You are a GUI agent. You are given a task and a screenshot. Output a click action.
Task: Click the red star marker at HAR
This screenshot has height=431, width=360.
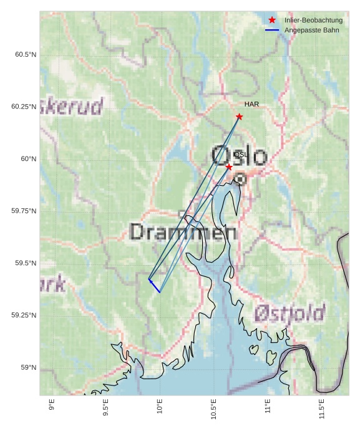click(x=239, y=117)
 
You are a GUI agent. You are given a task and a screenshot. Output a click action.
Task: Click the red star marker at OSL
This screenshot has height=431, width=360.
click(x=229, y=167)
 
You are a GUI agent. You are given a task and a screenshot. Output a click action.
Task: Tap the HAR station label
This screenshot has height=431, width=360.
click(x=251, y=104)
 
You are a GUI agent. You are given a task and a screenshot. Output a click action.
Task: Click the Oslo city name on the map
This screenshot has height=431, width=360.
click(x=239, y=156)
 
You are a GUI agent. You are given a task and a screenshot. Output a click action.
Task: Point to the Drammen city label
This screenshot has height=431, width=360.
click(x=183, y=233)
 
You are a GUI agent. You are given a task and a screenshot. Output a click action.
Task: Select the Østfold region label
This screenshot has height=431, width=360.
click(x=289, y=313)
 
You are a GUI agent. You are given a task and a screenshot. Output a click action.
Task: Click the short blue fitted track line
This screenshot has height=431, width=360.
click(x=154, y=286)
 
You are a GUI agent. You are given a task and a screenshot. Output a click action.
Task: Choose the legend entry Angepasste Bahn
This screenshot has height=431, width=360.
click(x=311, y=30)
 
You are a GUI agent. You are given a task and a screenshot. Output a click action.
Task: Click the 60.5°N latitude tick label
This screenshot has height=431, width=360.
click(x=26, y=55)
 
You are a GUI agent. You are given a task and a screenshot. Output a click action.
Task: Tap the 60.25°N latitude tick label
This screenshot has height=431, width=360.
click(x=24, y=107)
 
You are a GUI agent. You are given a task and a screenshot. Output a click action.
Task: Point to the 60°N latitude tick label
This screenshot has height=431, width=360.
click(x=29, y=159)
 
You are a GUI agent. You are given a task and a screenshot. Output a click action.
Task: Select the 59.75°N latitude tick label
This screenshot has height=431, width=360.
click(x=24, y=211)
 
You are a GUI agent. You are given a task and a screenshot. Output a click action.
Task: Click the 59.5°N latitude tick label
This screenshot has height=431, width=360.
click(x=26, y=263)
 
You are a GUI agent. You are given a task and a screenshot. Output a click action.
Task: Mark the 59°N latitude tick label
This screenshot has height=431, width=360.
click(x=29, y=368)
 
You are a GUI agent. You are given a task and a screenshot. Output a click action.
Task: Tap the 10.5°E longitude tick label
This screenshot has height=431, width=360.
click(x=214, y=409)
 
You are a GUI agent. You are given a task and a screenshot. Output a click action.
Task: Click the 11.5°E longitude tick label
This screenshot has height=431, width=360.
click(x=322, y=409)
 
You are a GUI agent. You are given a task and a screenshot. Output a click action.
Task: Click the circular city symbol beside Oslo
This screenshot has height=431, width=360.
click(x=240, y=180)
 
